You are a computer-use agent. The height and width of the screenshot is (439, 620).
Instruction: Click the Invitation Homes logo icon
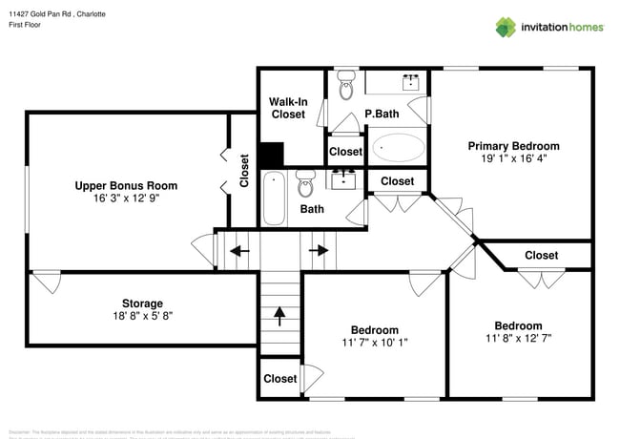pos(506,27)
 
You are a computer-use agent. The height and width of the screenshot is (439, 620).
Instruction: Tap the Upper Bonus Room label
pos(126,186)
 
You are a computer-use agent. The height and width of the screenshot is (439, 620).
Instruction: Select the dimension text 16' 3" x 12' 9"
pos(126,199)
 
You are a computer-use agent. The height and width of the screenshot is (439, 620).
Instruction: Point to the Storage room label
pos(141,303)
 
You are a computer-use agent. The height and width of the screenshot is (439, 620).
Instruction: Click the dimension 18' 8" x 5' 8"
pos(141,316)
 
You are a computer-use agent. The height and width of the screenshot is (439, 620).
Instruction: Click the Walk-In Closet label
pos(287,107)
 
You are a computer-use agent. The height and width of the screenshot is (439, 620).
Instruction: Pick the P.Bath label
pos(382,115)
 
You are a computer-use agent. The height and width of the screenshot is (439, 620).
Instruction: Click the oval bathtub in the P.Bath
pos(399,148)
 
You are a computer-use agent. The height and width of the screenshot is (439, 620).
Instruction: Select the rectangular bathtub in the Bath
pos(275,198)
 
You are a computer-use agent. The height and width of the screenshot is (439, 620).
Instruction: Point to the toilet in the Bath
pos(305,181)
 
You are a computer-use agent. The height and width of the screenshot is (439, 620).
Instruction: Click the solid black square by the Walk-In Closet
pos(272,155)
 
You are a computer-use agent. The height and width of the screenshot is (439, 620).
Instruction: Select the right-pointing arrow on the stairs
pos(320,251)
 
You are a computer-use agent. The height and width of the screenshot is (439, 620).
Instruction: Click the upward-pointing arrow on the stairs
pos(279,312)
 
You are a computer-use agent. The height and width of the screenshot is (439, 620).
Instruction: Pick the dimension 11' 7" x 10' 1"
pos(374,337)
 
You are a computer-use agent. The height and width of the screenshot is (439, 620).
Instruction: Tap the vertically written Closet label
pos(244,172)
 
